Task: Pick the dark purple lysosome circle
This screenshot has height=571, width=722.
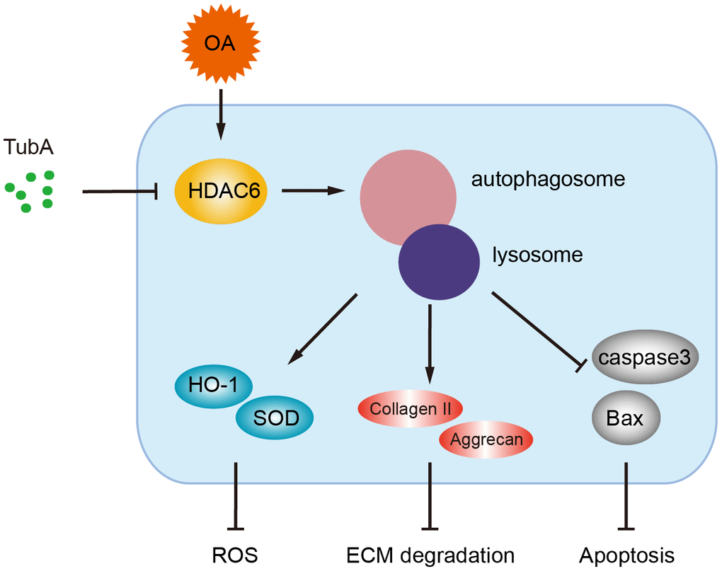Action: pyautogui.click(x=439, y=262)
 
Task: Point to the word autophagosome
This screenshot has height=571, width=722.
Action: pyautogui.click(x=548, y=179)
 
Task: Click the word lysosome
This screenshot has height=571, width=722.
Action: pyautogui.click(x=537, y=255)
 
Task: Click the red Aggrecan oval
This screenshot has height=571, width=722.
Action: pyautogui.click(x=486, y=439)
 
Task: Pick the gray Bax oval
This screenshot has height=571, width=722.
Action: pyautogui.click(x=625, y=417)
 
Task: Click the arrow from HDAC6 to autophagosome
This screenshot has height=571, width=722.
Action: pyautogui.click(x=314, y=190)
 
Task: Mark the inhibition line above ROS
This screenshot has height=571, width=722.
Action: pyautogui.click(x=234, y=495)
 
